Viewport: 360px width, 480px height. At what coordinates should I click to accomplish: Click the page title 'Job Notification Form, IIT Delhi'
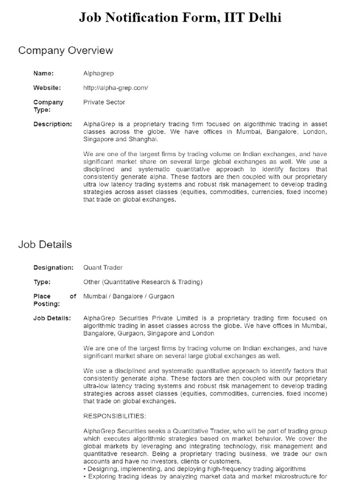coord(180,18)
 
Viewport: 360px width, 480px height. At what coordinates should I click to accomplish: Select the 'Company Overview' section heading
coord(66,50)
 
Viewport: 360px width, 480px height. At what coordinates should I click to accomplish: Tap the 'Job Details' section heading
coord(45,244)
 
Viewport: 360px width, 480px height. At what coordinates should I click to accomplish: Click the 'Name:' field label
coord(44,73)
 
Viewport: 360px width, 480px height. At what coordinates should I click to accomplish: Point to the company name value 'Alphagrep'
coord(98,73)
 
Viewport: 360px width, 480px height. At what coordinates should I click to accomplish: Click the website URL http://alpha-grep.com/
coord(115,88)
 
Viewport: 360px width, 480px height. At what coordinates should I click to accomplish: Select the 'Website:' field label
coord(47,88)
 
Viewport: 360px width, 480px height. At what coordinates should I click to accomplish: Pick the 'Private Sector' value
coord(104,102)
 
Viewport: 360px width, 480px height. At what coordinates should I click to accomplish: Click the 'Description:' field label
coord(52,124)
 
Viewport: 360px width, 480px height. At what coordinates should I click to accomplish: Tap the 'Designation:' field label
coord(53,267)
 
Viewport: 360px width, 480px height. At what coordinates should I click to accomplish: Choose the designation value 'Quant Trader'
coord(103,267)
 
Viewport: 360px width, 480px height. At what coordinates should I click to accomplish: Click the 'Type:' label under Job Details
coord(42,282)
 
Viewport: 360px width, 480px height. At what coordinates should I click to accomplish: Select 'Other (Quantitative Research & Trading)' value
coord(142,282)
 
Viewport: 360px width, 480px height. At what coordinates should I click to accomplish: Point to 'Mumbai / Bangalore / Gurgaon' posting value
coord(128,296)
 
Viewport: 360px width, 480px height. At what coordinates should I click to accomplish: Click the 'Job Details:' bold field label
coord(52,318)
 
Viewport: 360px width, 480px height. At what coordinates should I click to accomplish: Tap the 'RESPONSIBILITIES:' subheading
coord(114,416)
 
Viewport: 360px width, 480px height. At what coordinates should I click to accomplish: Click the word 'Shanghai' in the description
coord(143,139)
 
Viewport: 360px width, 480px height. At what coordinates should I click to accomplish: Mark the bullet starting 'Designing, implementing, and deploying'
coord(195,469)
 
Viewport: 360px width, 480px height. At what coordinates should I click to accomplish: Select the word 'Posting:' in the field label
coord(46,304)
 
